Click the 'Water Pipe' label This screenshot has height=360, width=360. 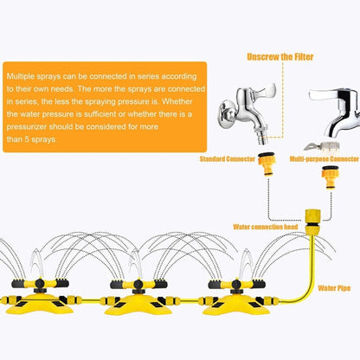click(334, 286)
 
